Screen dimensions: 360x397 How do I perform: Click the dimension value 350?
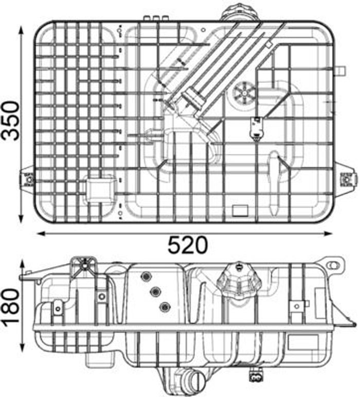[11, 120]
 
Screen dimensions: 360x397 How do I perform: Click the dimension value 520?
[188, 245]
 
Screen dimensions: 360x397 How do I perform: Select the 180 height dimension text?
[11, 306]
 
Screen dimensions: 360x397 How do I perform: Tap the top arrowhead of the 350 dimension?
[21, 30]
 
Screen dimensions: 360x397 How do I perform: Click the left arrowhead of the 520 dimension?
[42, 233]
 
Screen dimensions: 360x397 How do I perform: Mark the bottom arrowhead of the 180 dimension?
[23, 347]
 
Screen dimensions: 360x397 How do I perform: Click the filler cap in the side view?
[239, 281]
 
